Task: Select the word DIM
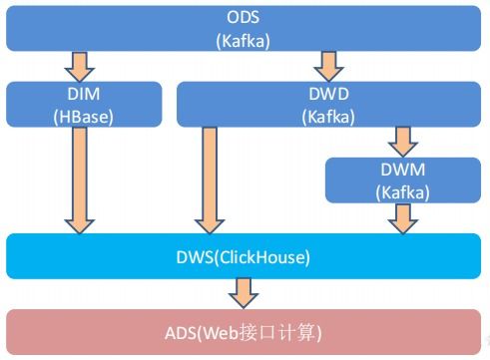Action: point(84,95)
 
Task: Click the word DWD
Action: point(327,95)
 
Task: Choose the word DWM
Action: point(403,170)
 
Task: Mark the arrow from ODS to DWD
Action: point(327,66)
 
